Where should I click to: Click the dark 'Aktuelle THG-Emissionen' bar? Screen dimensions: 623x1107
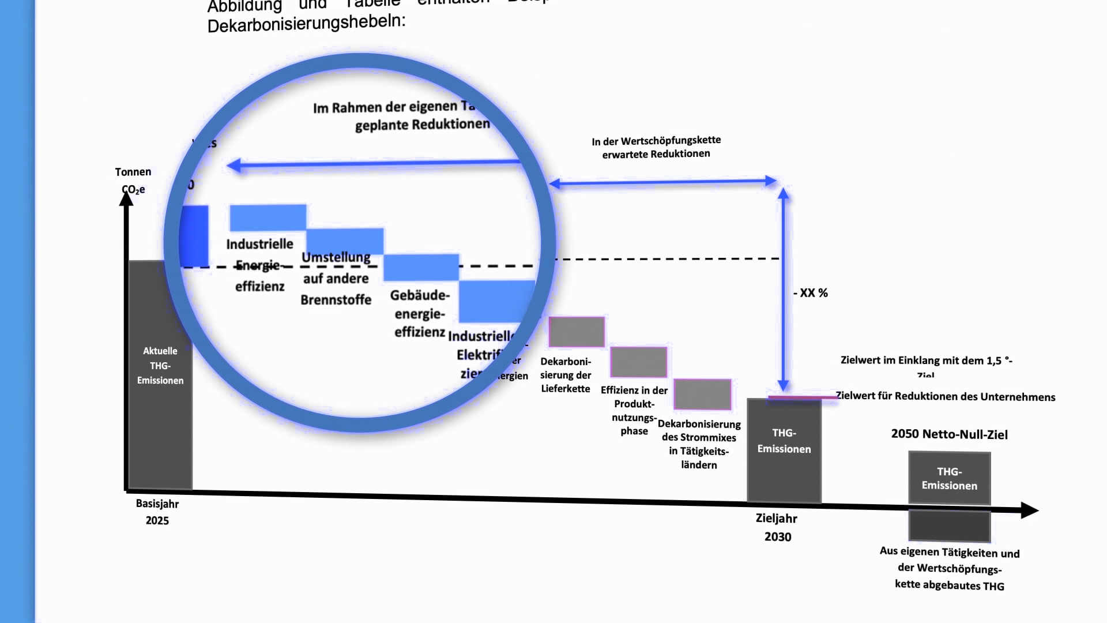pyautogui.click(x=160, y=375)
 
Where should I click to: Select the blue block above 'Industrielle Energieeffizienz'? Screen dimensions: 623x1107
pyautogui.click(x=268, y=218)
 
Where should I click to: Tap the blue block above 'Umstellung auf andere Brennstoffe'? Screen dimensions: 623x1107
pyautogui.click(x=345, y=241)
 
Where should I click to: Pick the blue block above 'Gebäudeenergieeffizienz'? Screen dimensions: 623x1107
pyautogui.click(x=421, y=267)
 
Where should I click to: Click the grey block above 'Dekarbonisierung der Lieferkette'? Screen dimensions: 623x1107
pyautogui.click(x=577, y=332)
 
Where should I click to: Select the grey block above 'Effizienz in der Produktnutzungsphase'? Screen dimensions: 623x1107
pyautogui.click(x=638, y=362)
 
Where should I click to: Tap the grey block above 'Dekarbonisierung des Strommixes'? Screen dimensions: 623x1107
pyautogui.click(x=702, y=394)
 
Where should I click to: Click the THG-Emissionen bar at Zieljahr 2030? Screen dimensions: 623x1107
pyautogui.click(x=784, y=450)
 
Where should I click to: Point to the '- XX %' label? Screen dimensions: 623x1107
pyautogui.click(x=811, y=293)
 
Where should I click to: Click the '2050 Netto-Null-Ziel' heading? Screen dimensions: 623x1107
pyautogui.click(x=949, y=434)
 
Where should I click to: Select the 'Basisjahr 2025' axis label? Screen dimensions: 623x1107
pyautogui.click(x=157, y=512)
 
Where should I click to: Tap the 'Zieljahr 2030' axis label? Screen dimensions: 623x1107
pyautogui.click(x=777, y=527)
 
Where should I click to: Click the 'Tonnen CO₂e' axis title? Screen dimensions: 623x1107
pyautogui.click(x=133, y=180)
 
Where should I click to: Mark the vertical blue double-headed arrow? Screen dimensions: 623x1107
pyautogui.click(x=783, y=288)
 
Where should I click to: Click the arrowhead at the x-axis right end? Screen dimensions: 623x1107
pyautogui.click(x=1029, y=511)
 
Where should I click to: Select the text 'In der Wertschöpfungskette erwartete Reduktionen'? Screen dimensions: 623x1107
pyautogui.click(x=656, y=147)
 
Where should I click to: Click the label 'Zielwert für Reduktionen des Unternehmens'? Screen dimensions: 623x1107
pyautogui.click(x=946, y=396)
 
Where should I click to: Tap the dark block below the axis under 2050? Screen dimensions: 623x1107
pyautogui.click(x=949, y=526)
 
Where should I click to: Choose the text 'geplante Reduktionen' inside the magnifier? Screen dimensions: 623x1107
pyautogui.click(x=422, y=125)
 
